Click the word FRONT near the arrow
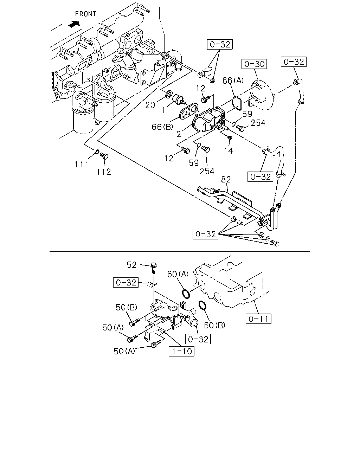pyautogui.click(x=86, y=14)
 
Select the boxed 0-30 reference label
pyautogui.click(x=254, y=64)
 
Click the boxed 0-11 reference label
pyautogui.click(x=258, y=319)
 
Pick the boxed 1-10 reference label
pyautogui.click(x=181, y=351)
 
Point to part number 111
pyautogui.click(x=82, y=165)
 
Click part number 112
pyautogui.click(x=104, y=172)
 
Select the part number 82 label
pyautogui.click(x=226, y=179)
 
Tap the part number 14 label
pyautogui.click(x=229, y=150)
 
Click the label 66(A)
pyautogui.click(x=233, y=80)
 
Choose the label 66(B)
pyautogui.click(x=162, y=127)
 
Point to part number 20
pyautogui.click(x=150, y=105)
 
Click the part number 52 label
pyautogui.click(x=131, y=265)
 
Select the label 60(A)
pyautogui.click(x=178, y=274)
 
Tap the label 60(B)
pyautogui.click(x=214, y=325)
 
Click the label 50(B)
pyautogui.click(x=126, y=307)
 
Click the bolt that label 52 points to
pyautogui.click(x=154, y=268)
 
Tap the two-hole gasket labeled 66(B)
pyautogui.click(x=188, y=111)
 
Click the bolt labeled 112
pyautogui.click(x=104, y=156)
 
